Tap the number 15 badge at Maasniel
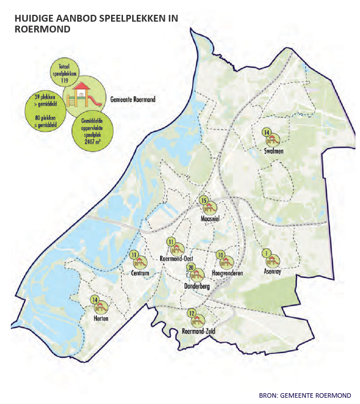tap(203, 200)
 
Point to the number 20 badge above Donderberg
tap(191, 267)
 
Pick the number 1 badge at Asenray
tap(266, 253)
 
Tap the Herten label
tap(101, 319)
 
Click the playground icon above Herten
tap(101, 307)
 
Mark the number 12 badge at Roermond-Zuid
tap(192, 313)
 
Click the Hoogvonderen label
tap(227, 274)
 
